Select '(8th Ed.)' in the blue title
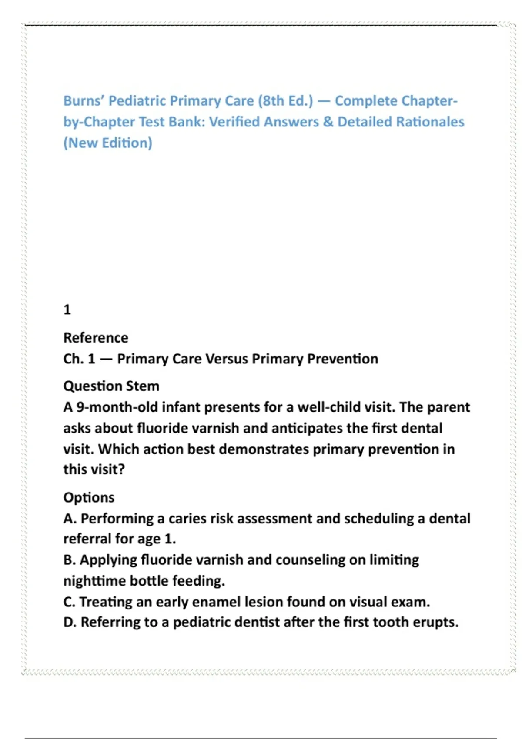pos(285,101)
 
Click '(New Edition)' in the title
pos(108,143)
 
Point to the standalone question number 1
pos(67,310)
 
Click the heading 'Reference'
pos(96,338)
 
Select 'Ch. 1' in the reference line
pos(79,359)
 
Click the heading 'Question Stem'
pos(111,386)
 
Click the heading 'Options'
pos(89,497)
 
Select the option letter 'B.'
pos(70,560)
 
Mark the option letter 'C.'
pos(70,602)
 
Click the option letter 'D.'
pos(70,622)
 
